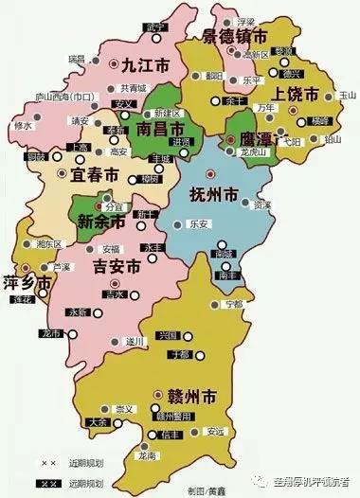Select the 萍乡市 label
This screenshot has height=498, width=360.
27,281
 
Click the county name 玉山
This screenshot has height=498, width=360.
346,95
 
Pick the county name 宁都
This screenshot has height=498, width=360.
233,304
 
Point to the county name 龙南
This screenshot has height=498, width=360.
146,456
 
